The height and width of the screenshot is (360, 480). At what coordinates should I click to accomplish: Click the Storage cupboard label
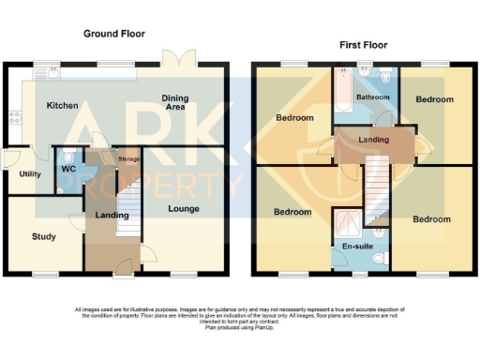127,160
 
